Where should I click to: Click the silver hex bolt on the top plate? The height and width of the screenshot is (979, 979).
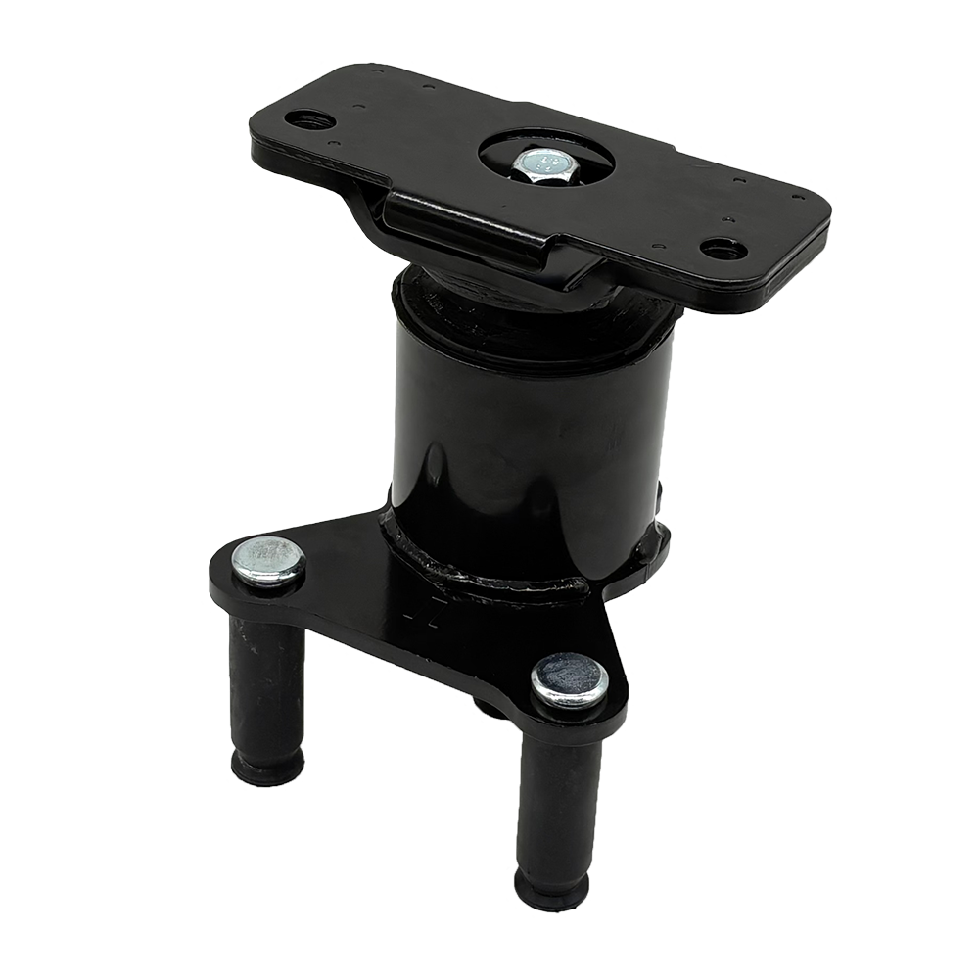click(x=536, y=163)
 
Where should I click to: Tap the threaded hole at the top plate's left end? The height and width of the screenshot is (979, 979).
click(x=309, y=120)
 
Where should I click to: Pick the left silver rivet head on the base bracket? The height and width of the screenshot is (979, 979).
click(x=268, y=561)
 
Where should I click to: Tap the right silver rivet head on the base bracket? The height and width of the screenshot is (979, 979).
click(x=570, y=678)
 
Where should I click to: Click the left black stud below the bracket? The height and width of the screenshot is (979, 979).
click(x=266, y=685)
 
